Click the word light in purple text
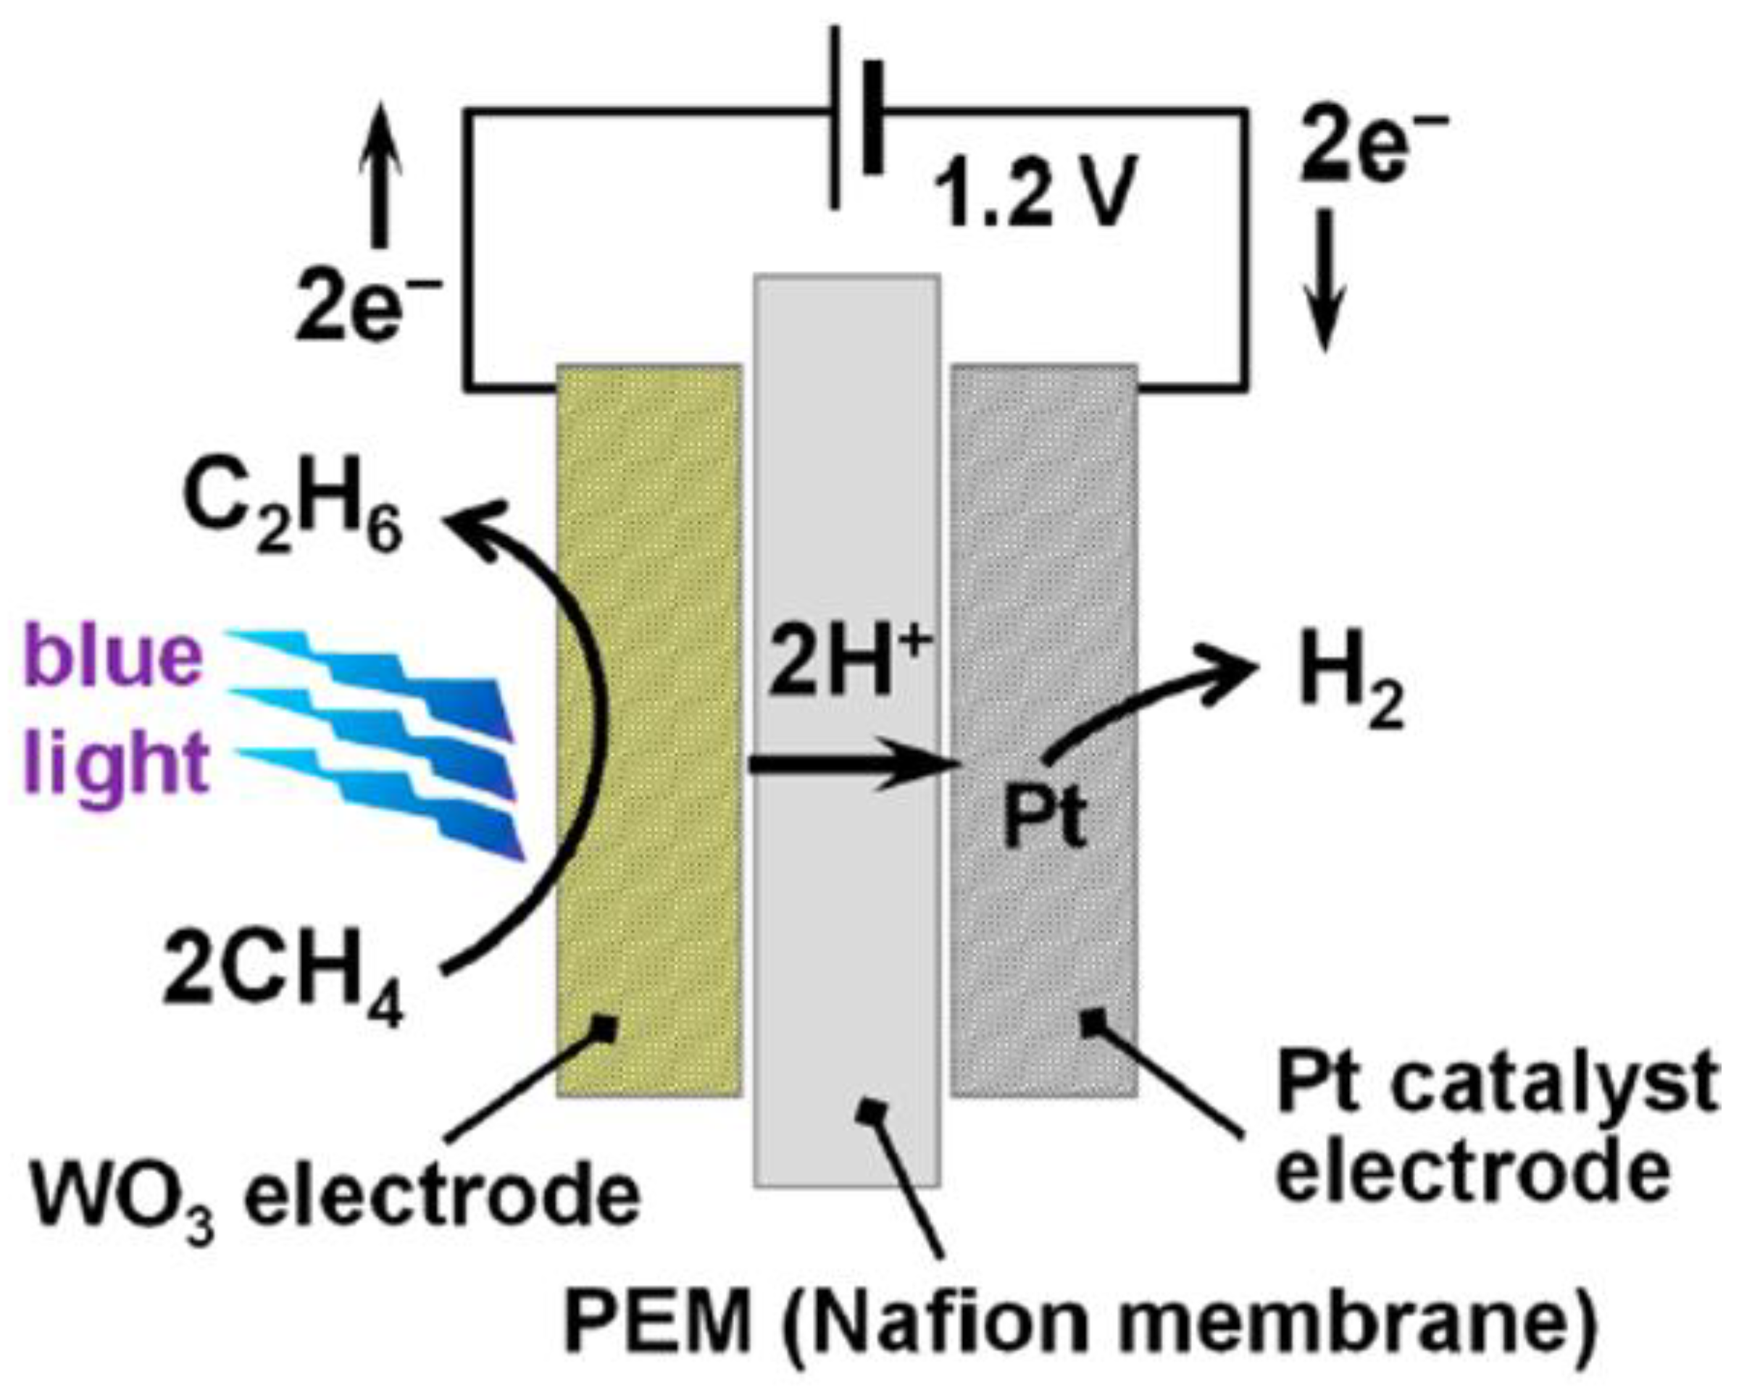click(x=114, y=762)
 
